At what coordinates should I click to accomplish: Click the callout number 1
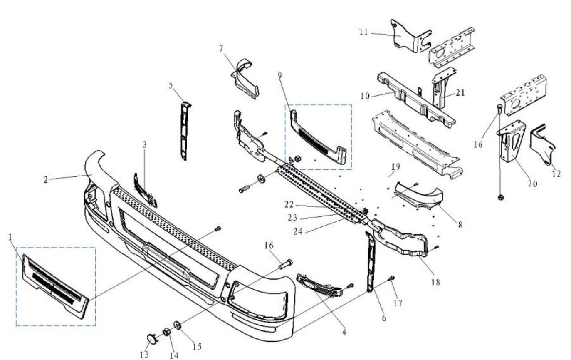tap(10, 236)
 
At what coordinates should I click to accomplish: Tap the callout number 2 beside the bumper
tap(46, 179)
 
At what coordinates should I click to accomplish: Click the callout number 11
tap(363, 32)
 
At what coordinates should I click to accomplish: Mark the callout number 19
tap(395, 166)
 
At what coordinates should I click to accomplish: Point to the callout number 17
tap(398, 303)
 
